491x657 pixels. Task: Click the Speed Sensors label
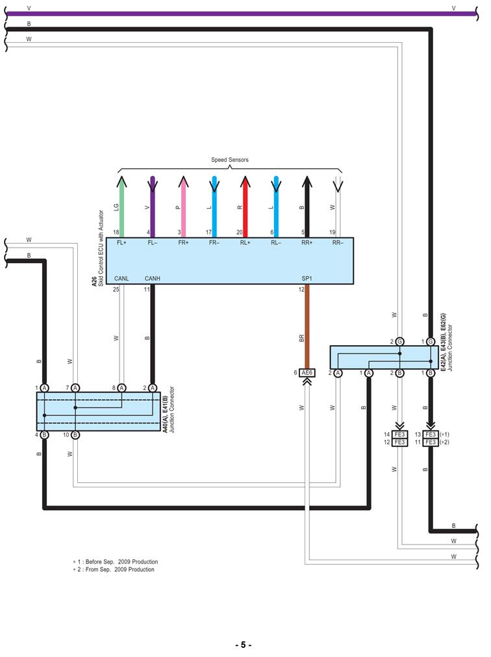pyautogui.click(x=229, y=160)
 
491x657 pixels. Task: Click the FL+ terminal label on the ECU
pyautogui.click(x=121, y=243)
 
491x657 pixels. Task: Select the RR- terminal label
pyautogui.click(x=338, y=243)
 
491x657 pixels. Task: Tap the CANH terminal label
pyautogui.click(x=153, y=278)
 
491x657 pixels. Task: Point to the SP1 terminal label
pyautogui.click(x=307, y=278)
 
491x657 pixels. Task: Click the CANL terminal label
pyautogui.click(x=121, y=278)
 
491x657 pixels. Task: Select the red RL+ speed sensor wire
pyautogui.click(x=245, y=208)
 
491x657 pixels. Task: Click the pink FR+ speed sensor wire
pyautogui.click(x=183, y=208)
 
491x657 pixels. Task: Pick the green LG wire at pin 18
pyautogui.click(x=121, y=208)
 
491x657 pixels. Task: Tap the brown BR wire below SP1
pyautogui.click(x=307, y=325)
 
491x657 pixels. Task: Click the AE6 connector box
pyautogui.click(x=307, y=372)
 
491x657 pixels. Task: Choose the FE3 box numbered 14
pyautogui.click(x=399, y=434)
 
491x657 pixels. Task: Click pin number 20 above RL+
pyautogui.click(x=240, y=233)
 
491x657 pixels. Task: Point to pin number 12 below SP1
pyautogui.click(x=301, y=290)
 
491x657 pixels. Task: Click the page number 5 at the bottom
pyautogui.click(x=243, y=645)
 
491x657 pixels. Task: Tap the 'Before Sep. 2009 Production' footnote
pyautogui.click(x=117, y=561)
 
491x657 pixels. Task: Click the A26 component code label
pyautogui.click(x=94, y=281)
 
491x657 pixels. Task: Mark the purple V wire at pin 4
pyautogui.click(x=152, y=208)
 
